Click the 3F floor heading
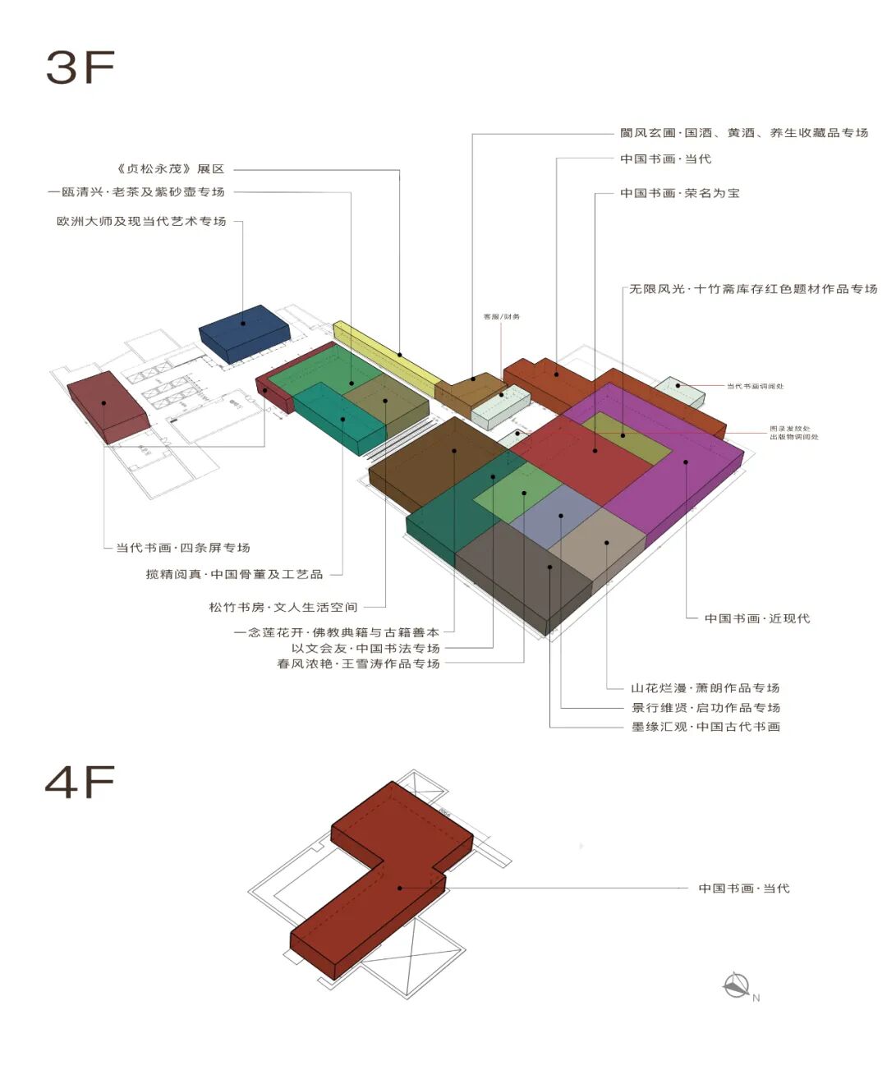click(x=80, y=67)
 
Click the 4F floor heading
click(x=80, y=783)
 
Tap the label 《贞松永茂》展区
click(x=170, y=169)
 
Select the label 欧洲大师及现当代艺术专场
click(x=141, y=222)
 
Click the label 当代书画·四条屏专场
click(x=182, y=548)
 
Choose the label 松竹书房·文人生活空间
click(x=283, y=608)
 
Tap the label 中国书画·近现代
click(x=756, y=618)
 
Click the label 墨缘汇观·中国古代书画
click(x=705, y=727)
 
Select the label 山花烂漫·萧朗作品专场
click(x=705, y=688)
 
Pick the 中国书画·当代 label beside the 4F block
click(x=743, y=889)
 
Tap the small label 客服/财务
click(x=501, y=316)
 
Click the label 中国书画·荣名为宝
click(x=679, y=194)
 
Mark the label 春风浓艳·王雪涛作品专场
click(x=358, y=664)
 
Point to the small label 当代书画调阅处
click(x=755, y=386)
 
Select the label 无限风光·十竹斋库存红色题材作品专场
click(x=753, y=289)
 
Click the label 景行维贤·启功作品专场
click(x=705, y=708)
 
